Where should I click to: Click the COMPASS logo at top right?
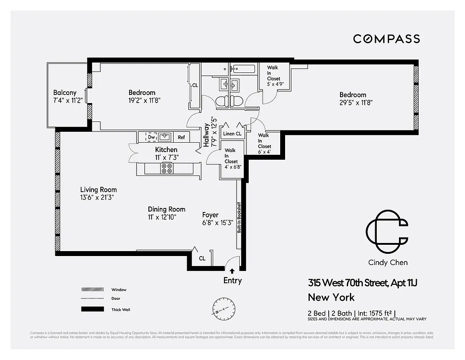(x=386, y=39)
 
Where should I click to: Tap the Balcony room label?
(x=65, y=93)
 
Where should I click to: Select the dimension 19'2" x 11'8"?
(x=141, y=101)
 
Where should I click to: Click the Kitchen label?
(x=166, y=149)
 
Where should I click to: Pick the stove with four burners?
(x=166, y=168)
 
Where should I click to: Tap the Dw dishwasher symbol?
(x=151, y=137)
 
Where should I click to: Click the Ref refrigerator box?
(x=181, y=137)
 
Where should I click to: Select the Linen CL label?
(x=232, y=134)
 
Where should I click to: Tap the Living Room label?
(x=98, y=189)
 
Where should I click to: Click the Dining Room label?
(x=166, y=209)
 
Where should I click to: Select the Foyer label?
(x=210, y=215)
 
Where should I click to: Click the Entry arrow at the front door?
(x=232, y=271)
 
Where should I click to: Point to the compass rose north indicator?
(x=224, y=308)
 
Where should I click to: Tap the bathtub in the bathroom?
(x=243, y=69)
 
